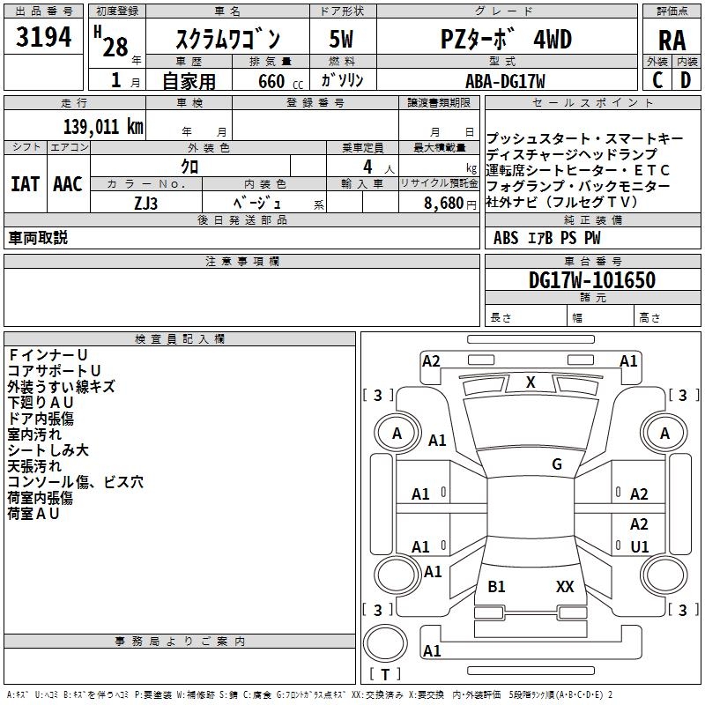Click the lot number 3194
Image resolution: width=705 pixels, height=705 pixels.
pos(44,38)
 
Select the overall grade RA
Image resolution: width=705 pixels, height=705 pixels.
pos(672,40)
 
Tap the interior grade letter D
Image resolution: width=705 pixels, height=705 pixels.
pos(686,79)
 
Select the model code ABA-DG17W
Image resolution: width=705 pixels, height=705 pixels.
pos(505,81)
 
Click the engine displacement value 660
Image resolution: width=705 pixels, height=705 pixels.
pos(271,81)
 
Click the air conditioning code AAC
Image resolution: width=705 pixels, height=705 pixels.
pos(67,184)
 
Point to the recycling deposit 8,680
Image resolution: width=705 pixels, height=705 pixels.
pos(444,203)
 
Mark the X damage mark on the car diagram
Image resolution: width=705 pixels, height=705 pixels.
pos(531,382)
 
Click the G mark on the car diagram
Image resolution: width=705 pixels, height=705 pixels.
pos(557,464)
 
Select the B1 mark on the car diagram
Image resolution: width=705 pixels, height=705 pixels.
pos(497,586)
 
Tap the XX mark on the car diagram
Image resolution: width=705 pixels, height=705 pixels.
pos(565,586)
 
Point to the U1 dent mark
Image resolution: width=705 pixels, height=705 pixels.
pos(640,546)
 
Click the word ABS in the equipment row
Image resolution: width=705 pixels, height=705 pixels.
pos(506,238)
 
